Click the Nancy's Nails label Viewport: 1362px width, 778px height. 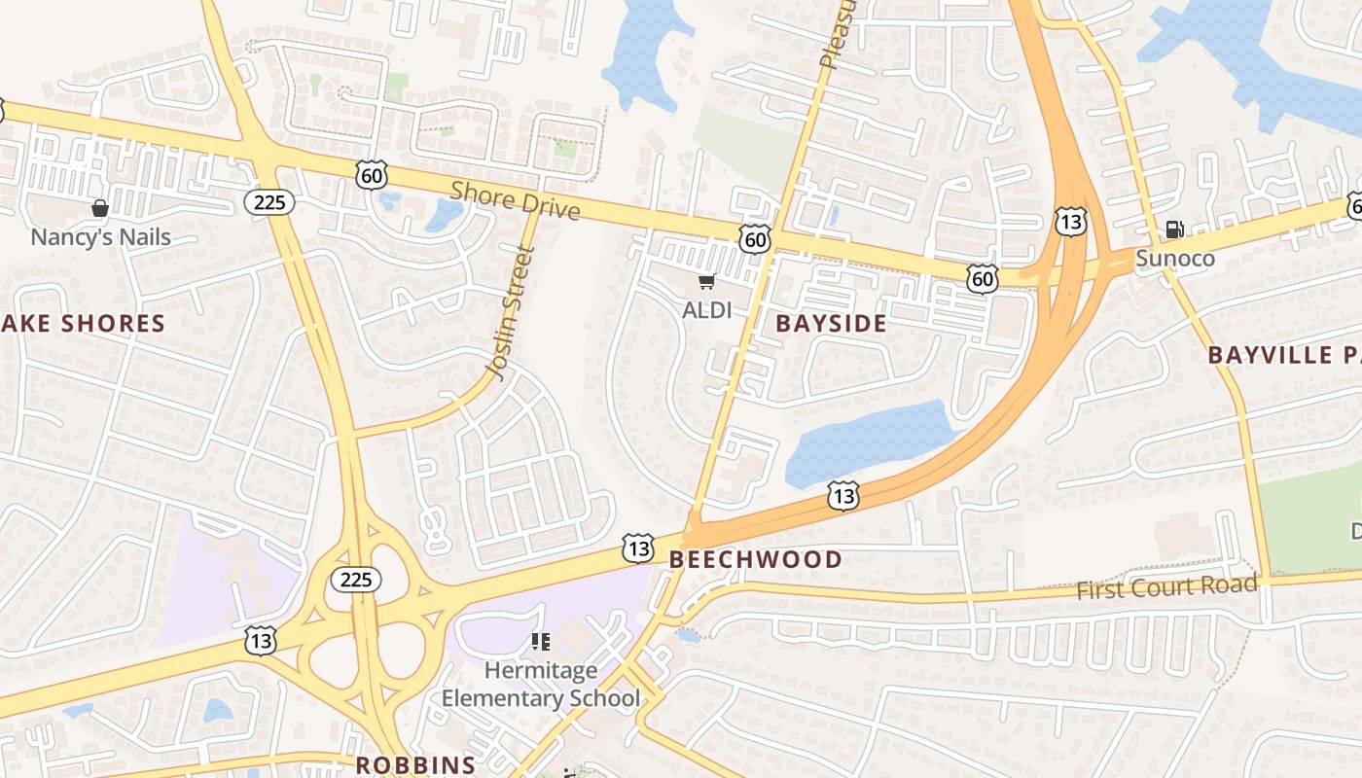pos(100,237)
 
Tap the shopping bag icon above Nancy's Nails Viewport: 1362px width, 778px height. pos(99,208)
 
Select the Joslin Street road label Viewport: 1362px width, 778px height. pos(511,312)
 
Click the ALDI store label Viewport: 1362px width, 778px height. pos(706,310)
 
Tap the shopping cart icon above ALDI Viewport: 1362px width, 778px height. pos(706,282)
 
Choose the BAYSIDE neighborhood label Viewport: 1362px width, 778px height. pos(832,324)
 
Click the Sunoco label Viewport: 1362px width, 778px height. pos(1175,259)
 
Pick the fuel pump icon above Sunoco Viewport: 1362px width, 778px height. pos(1175,230)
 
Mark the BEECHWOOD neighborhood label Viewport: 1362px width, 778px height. pos(755,559)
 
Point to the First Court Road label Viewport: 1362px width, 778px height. pos(1165,587)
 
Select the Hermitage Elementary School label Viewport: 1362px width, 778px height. pos(541,685)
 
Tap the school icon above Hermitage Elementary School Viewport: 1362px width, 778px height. pos(541,642)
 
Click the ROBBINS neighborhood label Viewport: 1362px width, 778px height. pos(415,764)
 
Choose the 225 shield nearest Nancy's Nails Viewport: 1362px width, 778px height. pos(269,202)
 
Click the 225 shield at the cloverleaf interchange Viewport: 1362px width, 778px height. pos(355,581)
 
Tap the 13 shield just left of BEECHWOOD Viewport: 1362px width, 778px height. pos(638,548)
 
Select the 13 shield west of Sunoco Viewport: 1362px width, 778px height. pos(1070,222)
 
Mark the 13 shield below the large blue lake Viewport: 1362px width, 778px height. pos(843,496)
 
